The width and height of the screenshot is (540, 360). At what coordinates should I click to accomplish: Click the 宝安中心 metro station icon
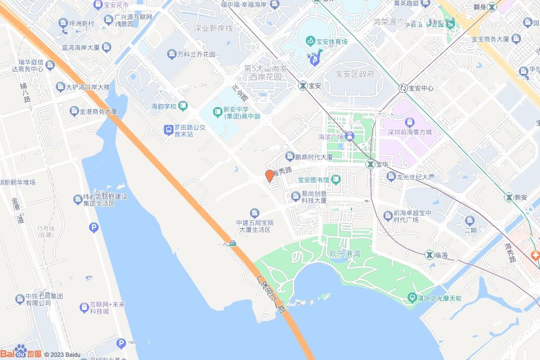point(403,88)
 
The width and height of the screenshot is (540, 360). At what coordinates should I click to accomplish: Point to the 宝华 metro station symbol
point(371,164)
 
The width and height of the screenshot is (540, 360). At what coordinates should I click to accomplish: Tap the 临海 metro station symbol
point(429,255)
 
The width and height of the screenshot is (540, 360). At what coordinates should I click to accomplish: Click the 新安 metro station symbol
point(508,197)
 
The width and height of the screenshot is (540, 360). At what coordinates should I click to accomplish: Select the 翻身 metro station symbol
point(491,7)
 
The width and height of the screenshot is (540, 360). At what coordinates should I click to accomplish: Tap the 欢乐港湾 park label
point(344,254)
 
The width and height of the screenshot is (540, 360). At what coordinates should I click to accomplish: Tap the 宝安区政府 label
point(354,74)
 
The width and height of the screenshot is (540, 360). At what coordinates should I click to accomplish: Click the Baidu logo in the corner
point(21,353)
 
